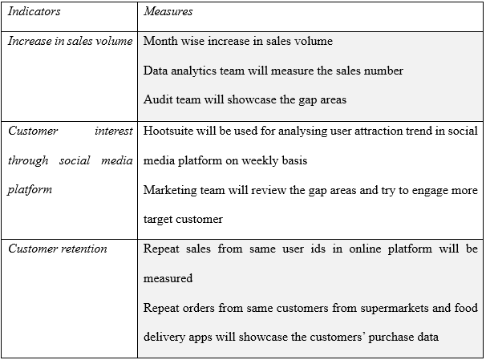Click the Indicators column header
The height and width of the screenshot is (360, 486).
[34, 11]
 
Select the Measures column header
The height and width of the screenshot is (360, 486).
[168, 11]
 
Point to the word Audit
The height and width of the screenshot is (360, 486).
[157, 99]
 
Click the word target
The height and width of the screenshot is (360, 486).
[158, 220]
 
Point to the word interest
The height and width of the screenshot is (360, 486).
[114, 131]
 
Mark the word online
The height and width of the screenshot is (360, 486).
[365, 249]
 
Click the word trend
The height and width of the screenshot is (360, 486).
[419, 131]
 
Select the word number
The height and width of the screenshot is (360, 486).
[383, 71]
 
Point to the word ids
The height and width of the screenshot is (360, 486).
[318, 249]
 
